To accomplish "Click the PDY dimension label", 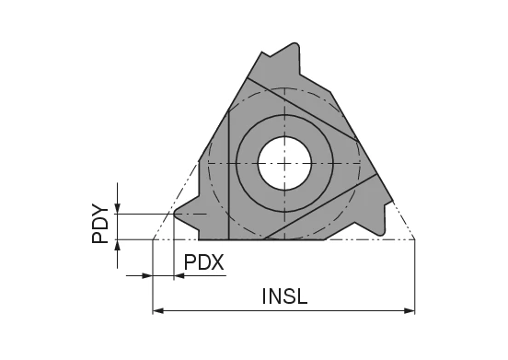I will click(x=100, y=225).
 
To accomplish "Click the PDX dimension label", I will click(x=204, y=262).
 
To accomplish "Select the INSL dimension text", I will click(x=285, y=297).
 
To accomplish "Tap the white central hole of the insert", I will click(x=284, y=162).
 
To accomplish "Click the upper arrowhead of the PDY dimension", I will click(x=118, y=207).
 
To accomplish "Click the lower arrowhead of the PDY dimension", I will click(x=118, y=246).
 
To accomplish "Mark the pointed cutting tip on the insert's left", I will click(x=177, y=214).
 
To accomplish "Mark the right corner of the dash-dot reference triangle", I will click(x=415, y=239).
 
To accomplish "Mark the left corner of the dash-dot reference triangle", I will click(x=153, y=239).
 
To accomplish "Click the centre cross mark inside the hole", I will click(x=284, y=162).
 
